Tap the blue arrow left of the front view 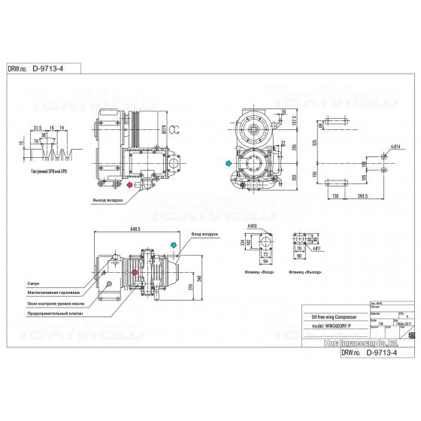[x=227, y=162]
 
